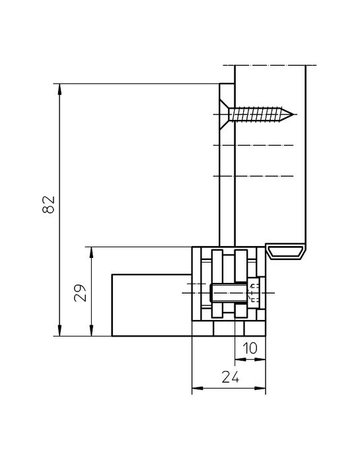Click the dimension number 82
click(49, 204)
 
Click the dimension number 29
click(80, 293)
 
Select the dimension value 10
click(250, 349)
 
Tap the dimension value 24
click(230, 377)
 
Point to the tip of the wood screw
click(294, 115)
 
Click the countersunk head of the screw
click(224, 115)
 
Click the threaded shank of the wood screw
click(256, 115)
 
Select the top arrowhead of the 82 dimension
click(60, 89)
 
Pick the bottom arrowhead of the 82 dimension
click(60, 331)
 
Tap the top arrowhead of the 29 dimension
click(92, 252)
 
